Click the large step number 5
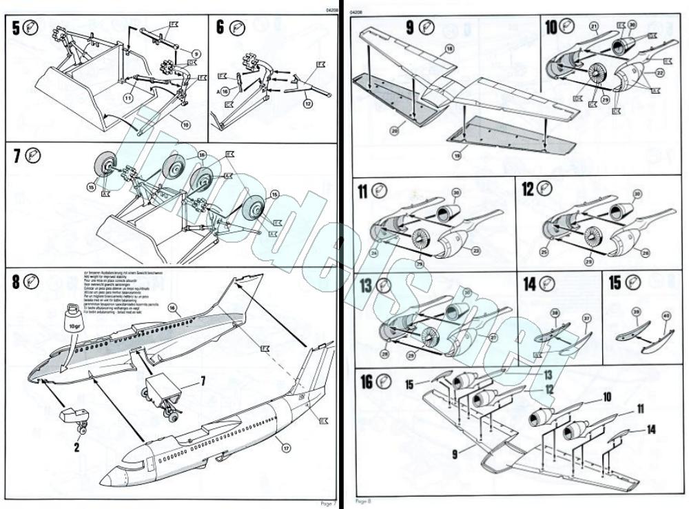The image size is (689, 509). tap(14, 29)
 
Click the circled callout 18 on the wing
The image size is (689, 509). tap(449, 48)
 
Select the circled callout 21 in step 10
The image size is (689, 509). tap(593, 27)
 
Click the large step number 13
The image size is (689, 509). tap(366, 286)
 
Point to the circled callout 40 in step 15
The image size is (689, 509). tap(666, 316)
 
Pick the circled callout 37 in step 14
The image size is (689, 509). tap(587, 318)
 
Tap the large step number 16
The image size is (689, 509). tap(367, 381)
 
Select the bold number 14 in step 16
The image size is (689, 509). tap(651, 429)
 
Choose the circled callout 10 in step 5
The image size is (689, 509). tap(185, 124)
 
